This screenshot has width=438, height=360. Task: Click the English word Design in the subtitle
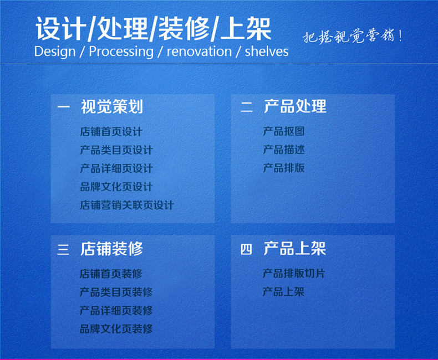tap(54, 52)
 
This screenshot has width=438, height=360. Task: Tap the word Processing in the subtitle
tap(121, 52)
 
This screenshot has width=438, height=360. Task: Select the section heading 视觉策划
tap(111, 106)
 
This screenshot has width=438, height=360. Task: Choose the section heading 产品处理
tap(295, 106)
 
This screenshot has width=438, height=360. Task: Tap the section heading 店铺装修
tap(111, 249)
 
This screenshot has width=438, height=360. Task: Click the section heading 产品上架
tap(295, 249)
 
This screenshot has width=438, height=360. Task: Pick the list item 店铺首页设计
tap(111, 132)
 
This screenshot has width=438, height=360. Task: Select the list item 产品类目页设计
tap(116, 150)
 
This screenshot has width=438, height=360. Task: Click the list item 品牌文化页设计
tap(116, 187)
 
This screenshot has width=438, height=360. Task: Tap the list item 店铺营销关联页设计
tap(126, 205)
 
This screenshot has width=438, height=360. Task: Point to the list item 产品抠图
tap(283, 132)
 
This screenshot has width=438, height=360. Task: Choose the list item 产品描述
tap(283, 150)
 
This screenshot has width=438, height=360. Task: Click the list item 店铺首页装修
tap(111, 274)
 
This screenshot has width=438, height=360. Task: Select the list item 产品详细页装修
tap(116, 310)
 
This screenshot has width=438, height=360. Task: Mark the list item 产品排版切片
tap(294, 274)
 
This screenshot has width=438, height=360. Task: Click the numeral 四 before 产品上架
tap(246, 249)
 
